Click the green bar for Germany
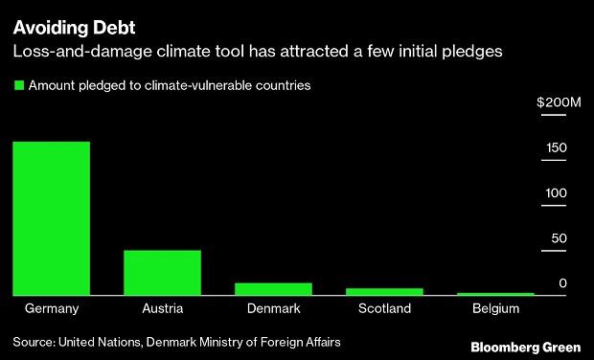tap(51, 218)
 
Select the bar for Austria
tap(162, 272)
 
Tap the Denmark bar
tap(273, 288)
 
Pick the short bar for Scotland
tap(384, 291)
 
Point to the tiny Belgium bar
tap(494, 294)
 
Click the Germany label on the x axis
tap(51, 309)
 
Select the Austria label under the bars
tap(162, 309)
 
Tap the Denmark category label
tap(273, 309)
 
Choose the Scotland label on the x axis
tap(384, 309)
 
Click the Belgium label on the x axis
tap(495, 309)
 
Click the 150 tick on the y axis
tap(557, 147)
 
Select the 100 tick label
tap(557, 192)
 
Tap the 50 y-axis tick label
tap(560, 237)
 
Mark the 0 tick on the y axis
tap(563, 283)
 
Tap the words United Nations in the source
tap(101, 341)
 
